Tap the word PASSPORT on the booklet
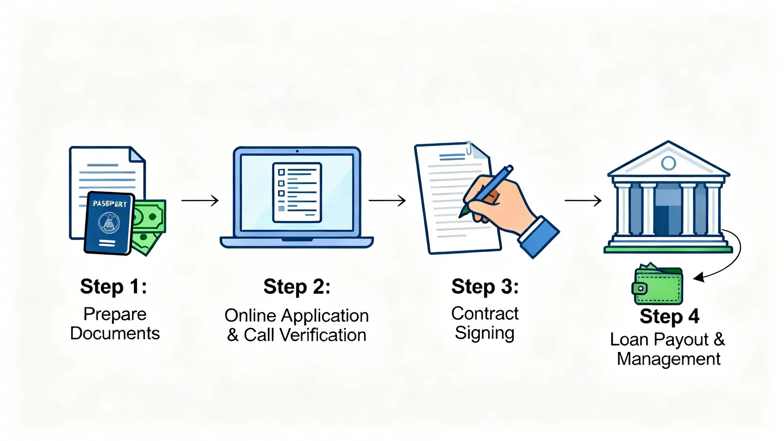point(110,203)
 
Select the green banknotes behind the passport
point(150,221)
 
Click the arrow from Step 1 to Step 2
point(200,200)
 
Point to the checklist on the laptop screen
point(297,192)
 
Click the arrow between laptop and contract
point(387,200)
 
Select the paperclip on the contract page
point(469,148)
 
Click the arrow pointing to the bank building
point(583,200)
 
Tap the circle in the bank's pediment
point(668,163)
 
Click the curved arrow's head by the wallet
point(699,277)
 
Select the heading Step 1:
point(113,286)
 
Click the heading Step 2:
point(297,287)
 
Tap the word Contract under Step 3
point(485,313)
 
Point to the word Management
point(668,359)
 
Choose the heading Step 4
point(669,316)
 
